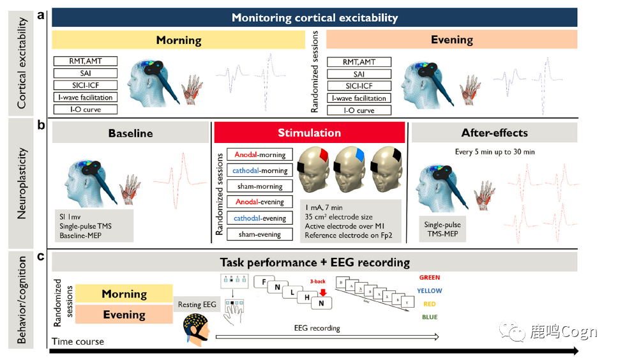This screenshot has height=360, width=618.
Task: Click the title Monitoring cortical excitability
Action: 314,18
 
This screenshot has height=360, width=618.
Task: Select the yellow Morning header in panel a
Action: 178,40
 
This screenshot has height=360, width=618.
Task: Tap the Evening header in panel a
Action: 451,40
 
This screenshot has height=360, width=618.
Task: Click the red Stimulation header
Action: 309,133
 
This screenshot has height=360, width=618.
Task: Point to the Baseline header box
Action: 130,133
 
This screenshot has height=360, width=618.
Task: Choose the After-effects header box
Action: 494,133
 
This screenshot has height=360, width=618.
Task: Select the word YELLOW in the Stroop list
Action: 429,291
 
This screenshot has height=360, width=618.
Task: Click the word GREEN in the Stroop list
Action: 429,278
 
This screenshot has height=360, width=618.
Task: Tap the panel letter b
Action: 41,126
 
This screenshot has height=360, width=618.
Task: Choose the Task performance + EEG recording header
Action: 315,262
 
